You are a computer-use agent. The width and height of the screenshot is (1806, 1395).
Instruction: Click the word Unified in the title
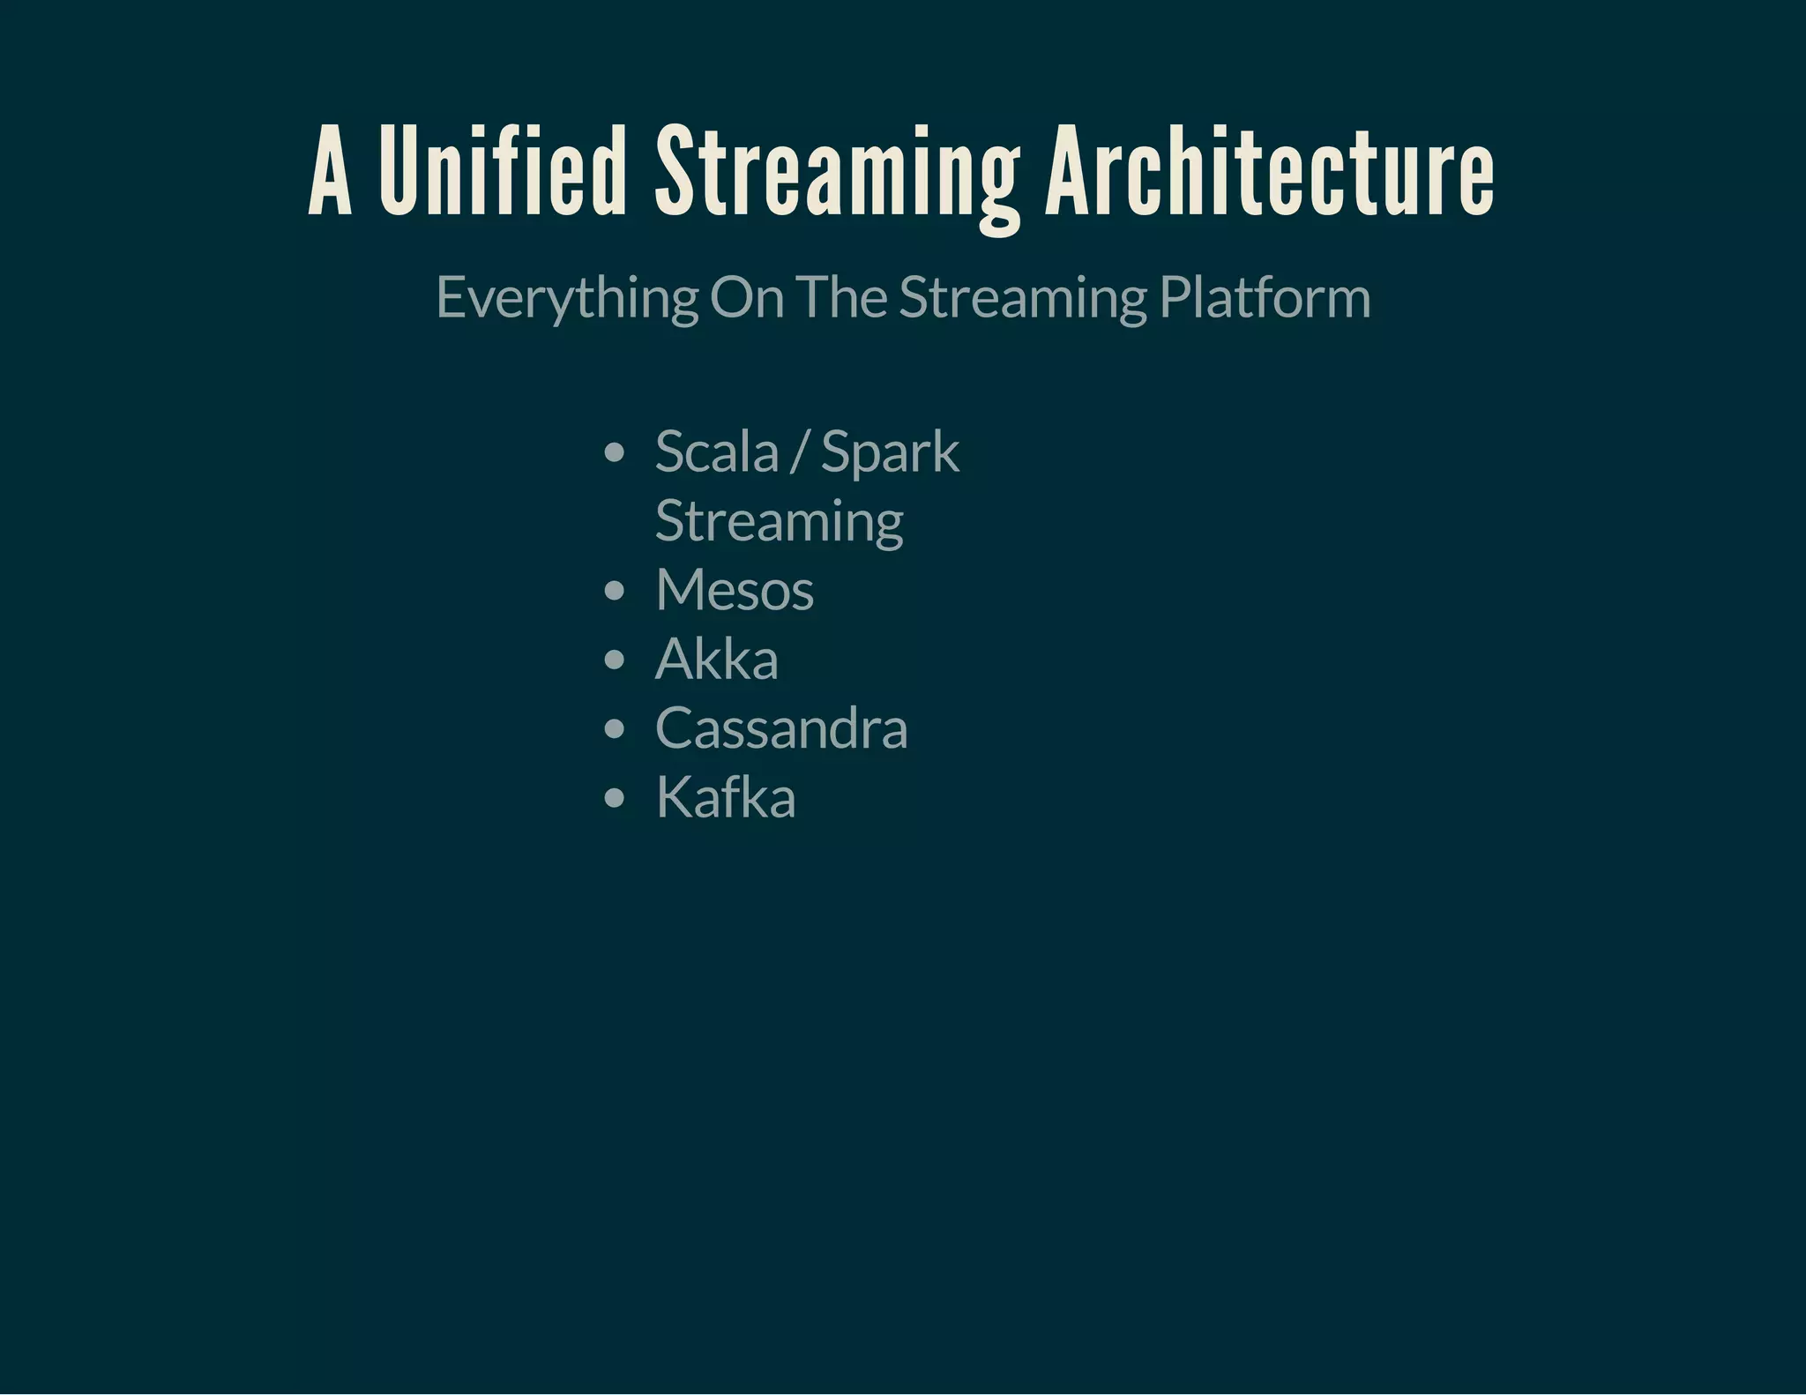[503, 172]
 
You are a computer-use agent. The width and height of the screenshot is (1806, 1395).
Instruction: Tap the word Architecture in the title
[1270, 172]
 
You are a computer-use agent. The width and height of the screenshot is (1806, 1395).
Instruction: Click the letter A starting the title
[330, 172]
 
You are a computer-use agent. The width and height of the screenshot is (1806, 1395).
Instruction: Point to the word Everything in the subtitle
[567, 298]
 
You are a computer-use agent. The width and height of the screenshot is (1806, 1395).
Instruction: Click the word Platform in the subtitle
[1265, 297]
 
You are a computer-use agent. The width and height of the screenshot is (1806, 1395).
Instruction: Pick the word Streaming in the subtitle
[1023, 298]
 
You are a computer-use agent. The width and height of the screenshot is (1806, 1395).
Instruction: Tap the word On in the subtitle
[747, 297]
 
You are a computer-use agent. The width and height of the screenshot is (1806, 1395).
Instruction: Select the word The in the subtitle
[841, 297]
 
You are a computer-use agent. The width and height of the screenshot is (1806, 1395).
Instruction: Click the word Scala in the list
[717, 452]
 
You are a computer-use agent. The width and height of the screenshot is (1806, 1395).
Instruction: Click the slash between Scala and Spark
[799, 452]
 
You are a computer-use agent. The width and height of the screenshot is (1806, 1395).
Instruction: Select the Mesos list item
[734, 590]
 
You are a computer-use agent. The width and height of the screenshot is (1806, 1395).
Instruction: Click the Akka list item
[716, 659]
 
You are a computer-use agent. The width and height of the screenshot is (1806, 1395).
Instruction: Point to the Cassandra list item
[780, 728]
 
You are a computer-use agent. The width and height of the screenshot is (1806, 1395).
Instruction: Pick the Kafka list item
[725, 798]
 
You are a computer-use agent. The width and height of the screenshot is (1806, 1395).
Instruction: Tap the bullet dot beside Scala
[615, 453]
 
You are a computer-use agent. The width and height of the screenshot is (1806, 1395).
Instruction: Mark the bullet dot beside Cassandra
[615, 729]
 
